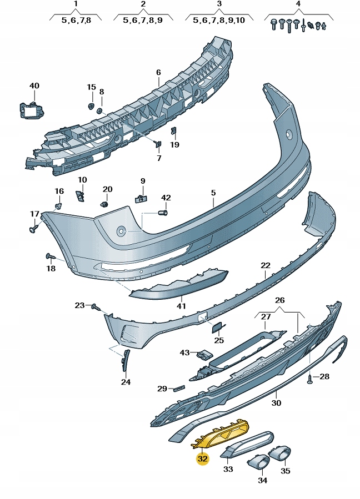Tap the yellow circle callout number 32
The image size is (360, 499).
[x=203, y=459]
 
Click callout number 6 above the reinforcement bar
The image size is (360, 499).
[x=158, y=73]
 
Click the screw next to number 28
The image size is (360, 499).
[x=310, y=378]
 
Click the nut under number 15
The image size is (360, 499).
[x=91, y=105]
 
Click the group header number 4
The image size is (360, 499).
[x=298, y=4]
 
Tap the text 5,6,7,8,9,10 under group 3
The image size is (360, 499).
[x=219, y=20]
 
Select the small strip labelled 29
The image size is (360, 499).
[x=178, y=388]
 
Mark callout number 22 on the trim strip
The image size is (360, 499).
[x=266, y=266]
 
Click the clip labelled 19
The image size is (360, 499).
[x=173, y=132]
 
